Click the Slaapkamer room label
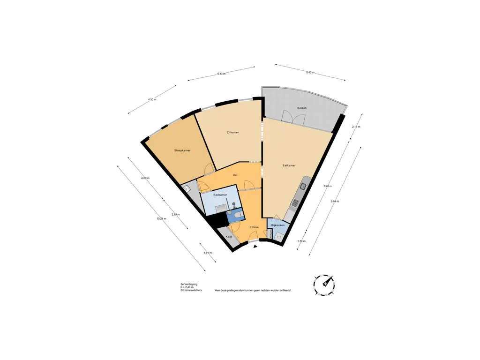coord(182,150)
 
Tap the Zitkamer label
coord(232,133)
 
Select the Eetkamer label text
coord(289,165)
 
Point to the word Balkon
coord(302,108)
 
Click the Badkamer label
coord(220,195)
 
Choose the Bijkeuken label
coord(277,226)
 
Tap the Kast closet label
coord(229,237)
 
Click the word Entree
coord(254,227)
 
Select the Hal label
coord(236,175)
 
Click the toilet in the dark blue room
coord(238,215)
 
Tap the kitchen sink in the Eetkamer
coord(303,187)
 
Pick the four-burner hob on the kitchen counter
coord(296,203)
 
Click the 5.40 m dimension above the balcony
coord(310,73)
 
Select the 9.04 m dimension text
coord(335,201)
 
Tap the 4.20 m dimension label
coord(152,100)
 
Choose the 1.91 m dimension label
coord(208,253)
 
